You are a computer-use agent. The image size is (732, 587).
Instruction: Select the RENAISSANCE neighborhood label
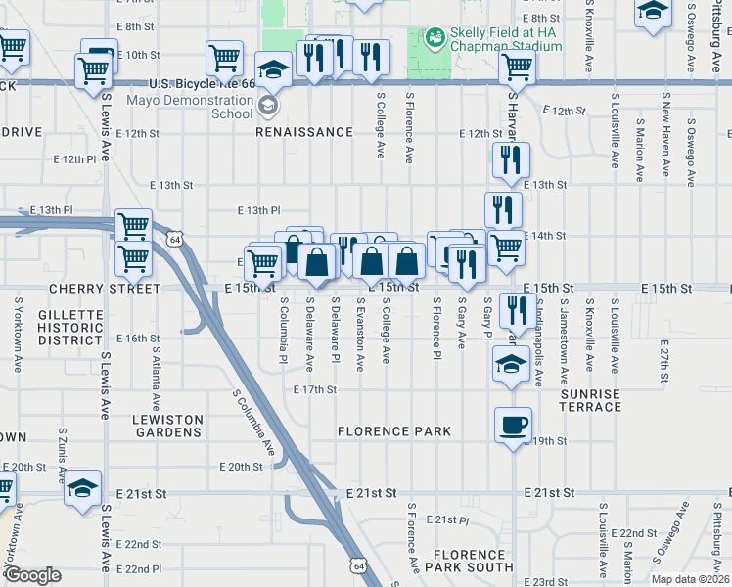tap(304, 132)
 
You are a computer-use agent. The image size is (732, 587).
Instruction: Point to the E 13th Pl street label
tap(260, 210)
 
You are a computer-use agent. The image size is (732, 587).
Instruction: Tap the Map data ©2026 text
tap(690, 579)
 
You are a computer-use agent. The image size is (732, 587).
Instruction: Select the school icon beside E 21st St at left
tap(83, 486)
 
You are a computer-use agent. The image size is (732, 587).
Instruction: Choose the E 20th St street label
tap(242, 467)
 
